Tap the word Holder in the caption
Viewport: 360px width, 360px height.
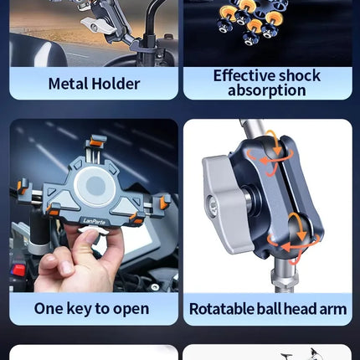[x=116, y=84]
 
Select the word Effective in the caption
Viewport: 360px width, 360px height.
[x=244, y=75]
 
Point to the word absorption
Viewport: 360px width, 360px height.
[x=267, y=90]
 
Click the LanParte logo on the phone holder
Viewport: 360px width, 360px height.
[x=94, y=222]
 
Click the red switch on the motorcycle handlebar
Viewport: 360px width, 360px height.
[x=18, y=270]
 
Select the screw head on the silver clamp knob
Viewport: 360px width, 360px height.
[x=213, y=206]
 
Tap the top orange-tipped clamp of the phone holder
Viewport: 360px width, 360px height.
[x=98, y=141]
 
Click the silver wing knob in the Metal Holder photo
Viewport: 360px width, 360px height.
[x=98, y=26]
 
